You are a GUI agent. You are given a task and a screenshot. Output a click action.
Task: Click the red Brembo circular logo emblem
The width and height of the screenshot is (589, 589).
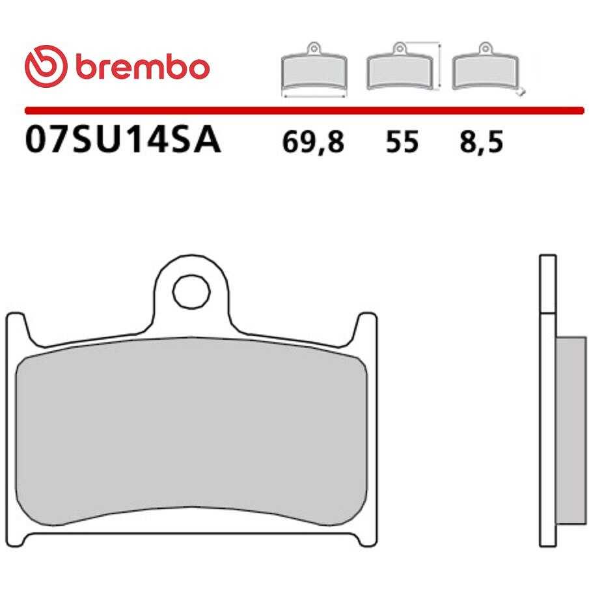point(46,66)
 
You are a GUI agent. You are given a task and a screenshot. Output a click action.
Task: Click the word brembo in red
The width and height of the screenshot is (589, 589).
point(143,67)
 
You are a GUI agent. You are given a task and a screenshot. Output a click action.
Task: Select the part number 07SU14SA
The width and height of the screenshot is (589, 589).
point(123,139)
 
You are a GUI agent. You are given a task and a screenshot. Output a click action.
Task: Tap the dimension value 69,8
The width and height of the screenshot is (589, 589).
point(313,143)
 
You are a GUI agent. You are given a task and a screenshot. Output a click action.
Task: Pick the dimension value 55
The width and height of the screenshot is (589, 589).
point(402,143)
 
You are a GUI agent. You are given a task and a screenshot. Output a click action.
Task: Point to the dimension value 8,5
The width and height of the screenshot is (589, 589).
point(481,143)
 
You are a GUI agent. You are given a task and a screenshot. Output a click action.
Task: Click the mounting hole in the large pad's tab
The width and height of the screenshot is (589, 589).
point(191,292)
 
